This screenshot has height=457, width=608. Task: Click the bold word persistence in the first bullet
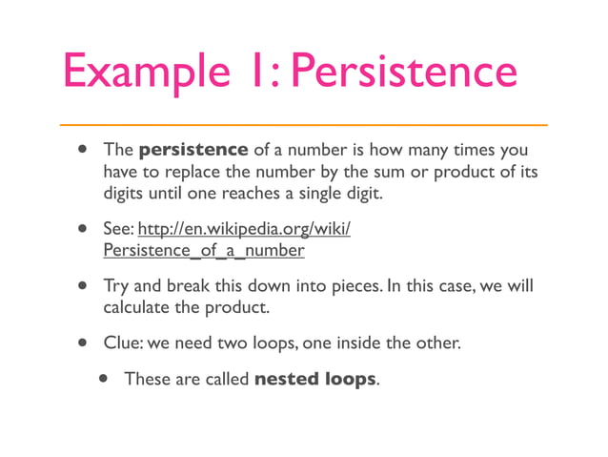(193, 150)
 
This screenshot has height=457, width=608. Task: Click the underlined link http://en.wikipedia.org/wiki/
(245, 230)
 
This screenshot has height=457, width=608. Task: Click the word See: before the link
(118, 230)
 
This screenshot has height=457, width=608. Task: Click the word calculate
(138, 308)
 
